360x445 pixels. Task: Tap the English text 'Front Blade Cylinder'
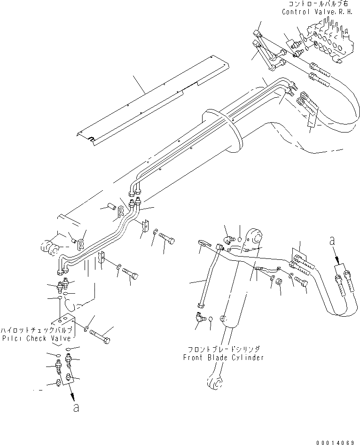click(x=223, y=357)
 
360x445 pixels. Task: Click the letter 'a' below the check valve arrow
click(x=76, y=407)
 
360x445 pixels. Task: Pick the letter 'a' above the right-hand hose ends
click(x=333, y=241)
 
